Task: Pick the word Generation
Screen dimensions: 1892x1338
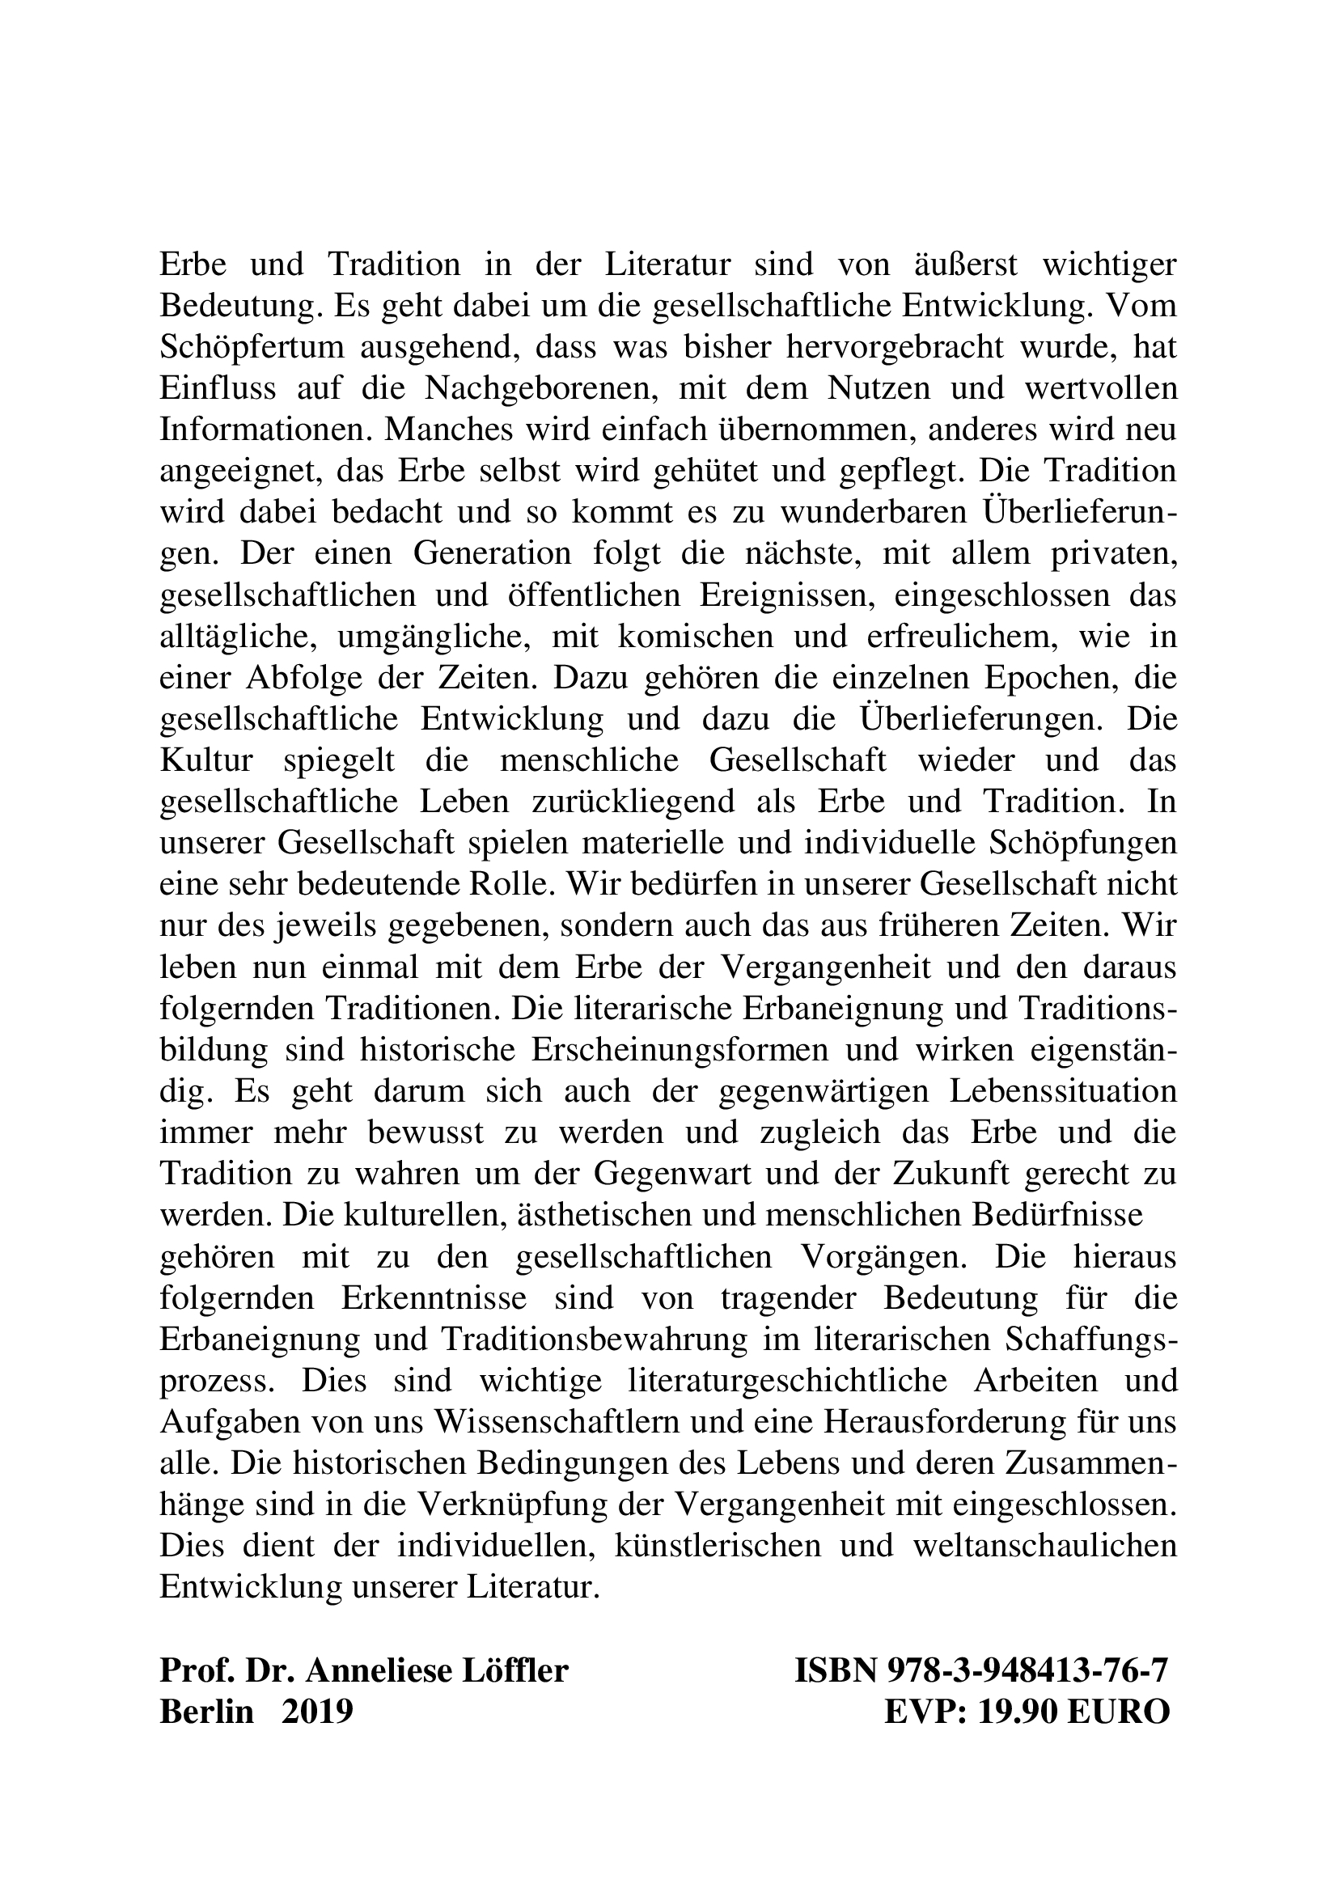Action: (x=492, y=554)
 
